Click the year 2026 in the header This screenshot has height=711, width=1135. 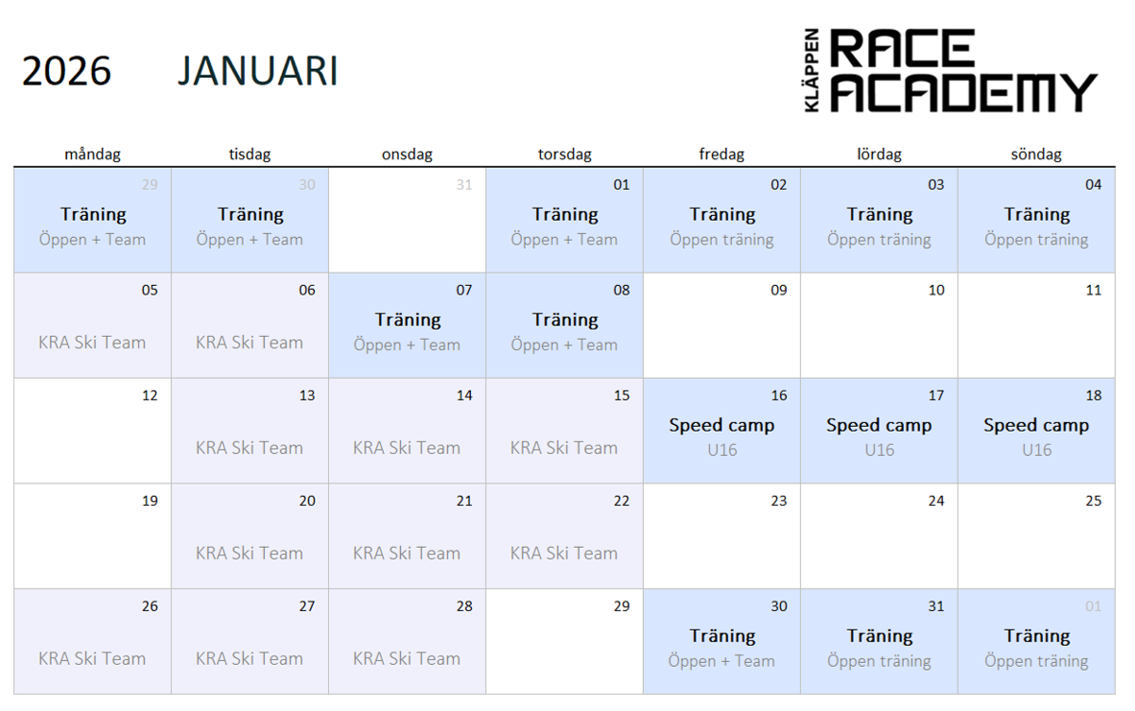tap(66, 71)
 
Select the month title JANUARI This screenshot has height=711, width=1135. tap(258, 71)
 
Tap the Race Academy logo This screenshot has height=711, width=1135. tap(951, 70)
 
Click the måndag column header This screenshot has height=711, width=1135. tap(93, 154)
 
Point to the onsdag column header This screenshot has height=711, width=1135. tap(407, 154)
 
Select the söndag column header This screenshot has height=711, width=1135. tap(1036, 154)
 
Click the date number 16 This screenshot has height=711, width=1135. tap(779, 395)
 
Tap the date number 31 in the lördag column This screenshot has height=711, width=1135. tap(936, 606)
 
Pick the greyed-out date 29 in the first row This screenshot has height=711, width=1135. tap(150, 184)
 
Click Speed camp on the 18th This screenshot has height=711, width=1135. tap(1036, 425)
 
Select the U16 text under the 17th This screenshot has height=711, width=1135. tap(880, 450)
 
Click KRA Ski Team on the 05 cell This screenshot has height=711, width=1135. tap(92, 343)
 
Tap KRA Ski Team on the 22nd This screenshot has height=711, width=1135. tap(564, 554)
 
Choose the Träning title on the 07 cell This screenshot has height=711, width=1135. tap(408, 320)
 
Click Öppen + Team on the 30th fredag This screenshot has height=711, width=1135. tap(721, 661)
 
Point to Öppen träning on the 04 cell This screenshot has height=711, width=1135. tap(1036, 240)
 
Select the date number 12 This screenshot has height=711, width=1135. tap(150, 395)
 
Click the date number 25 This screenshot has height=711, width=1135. tap(1094, 501)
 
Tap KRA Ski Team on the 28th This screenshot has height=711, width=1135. tap(407, 659)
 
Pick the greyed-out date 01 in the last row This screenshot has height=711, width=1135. tap(1094, 606)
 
